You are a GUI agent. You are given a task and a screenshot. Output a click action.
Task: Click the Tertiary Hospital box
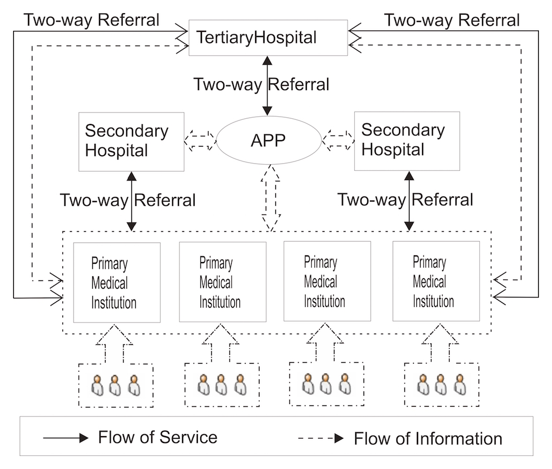(x=268, y=37)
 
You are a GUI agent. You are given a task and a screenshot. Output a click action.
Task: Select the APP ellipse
(x=269, y=141)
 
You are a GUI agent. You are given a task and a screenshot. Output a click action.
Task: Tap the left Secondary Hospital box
(x=131, y=141)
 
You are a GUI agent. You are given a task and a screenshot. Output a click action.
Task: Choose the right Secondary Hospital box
(x=407, y=141)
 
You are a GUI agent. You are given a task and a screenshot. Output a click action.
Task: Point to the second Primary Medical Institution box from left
(x=223, y=281)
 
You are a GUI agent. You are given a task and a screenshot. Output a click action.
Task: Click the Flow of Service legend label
(x=158, y=437)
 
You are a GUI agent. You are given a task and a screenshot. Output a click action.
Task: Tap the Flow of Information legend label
(x=428, y=438)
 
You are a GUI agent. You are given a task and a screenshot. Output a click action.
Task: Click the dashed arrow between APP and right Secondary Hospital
(x=338, y=140)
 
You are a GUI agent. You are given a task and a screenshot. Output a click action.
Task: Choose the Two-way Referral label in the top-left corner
(x=91, y=20)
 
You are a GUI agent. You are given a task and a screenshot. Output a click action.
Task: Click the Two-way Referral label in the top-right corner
(x=452, y=20)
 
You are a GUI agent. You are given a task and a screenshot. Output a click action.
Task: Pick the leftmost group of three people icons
(x=115, y=386)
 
